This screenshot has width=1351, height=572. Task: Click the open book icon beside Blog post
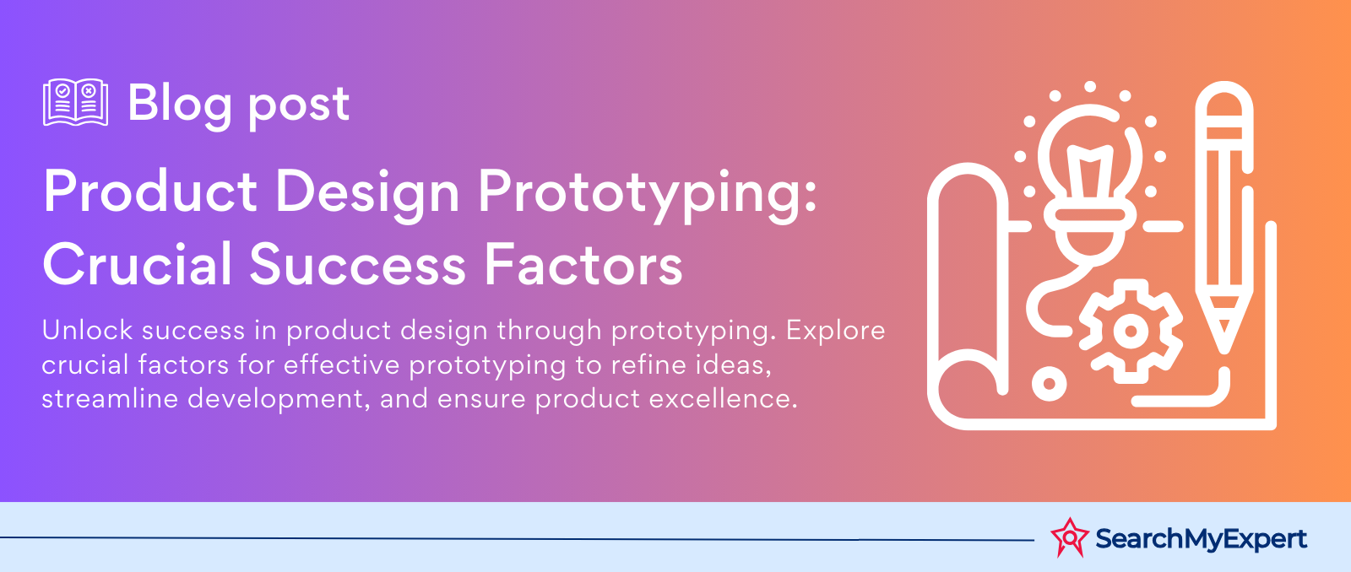coord(75,102)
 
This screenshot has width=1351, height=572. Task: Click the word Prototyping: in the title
coord(647,193)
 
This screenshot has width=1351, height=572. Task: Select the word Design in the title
coord(367,193)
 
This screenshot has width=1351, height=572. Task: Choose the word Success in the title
coord(358,265)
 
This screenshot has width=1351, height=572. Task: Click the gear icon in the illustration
coord(1131,331)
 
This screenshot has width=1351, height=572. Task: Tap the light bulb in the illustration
coord(1090,180)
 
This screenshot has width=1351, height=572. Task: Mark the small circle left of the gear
coord(1049,383)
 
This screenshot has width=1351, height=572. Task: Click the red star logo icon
coord(1070,537)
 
